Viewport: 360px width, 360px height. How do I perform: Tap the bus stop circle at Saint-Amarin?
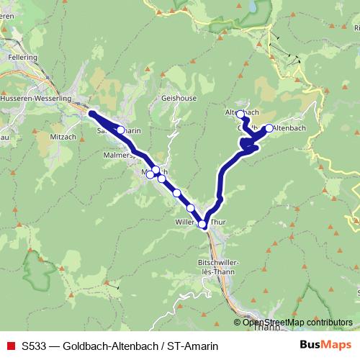click(x=121, y=130)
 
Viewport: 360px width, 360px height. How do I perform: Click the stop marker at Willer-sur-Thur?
click(x=203, y=225)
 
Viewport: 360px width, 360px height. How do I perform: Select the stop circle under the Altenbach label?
click(x=240, y=114)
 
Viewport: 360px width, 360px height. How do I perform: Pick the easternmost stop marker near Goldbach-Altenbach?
click(x=269, y=128)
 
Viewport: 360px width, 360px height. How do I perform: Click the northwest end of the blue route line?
click(x=91, y=113)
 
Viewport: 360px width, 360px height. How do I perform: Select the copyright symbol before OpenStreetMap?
click(x=238, y=323)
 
